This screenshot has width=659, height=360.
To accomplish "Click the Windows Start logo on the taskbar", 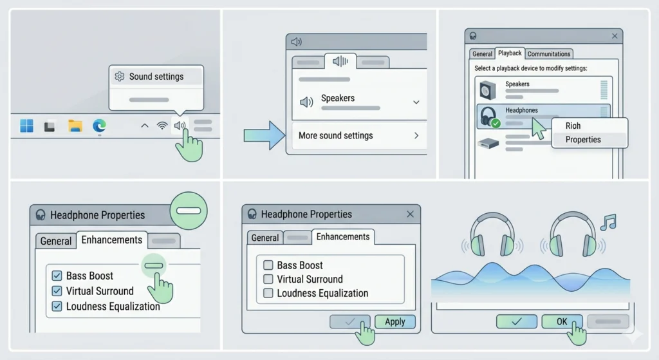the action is click(x=26, y=126).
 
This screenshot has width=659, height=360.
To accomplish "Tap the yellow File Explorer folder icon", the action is click(x=75, y=126).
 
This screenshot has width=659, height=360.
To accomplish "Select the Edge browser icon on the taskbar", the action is click(x=99, y=126).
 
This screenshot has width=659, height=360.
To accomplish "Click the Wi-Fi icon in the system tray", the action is click(x=162, y=126).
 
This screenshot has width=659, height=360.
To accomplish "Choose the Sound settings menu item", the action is click(x=156, y=77).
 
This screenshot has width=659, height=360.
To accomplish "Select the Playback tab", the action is click(x=510, y=53).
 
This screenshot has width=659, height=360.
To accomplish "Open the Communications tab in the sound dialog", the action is click(x=549, y=54).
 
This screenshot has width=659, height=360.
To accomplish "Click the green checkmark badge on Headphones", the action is click(x=496, y=123).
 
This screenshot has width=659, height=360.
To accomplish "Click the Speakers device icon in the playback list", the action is click(x=488, y=90).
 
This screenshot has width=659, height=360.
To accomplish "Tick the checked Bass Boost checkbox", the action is click(x=57, y=276).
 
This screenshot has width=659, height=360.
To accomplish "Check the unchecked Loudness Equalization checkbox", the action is click(x=268, y=293).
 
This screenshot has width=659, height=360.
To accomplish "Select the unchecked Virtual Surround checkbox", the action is click(x=268, y=279).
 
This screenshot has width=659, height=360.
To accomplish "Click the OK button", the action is click(x=562, y=322).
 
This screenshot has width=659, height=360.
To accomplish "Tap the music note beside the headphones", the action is click(x=608, y=222).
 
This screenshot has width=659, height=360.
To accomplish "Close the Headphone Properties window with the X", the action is click(x=410, y=214).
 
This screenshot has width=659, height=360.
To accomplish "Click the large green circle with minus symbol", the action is click(x=189, y=211).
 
